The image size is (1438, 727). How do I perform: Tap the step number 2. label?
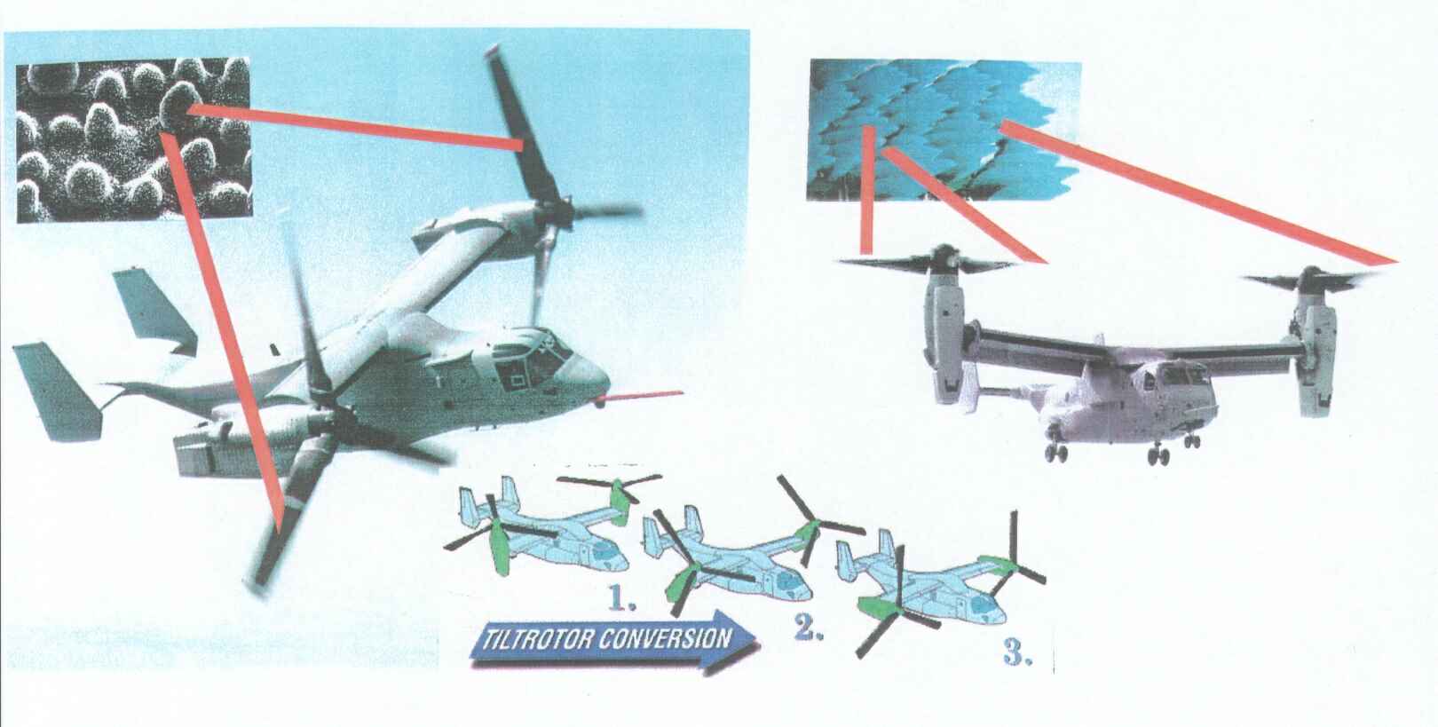point(809,628)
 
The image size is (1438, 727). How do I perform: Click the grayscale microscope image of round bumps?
point(133,139)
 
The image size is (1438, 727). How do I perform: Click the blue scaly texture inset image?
point(944,130)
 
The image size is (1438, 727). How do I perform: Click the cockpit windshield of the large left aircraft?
point(540,360)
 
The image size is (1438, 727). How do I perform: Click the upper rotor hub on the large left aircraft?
point(556,215)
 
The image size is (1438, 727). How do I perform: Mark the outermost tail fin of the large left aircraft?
point(58,391)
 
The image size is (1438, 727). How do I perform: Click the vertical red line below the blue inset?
point(867,189)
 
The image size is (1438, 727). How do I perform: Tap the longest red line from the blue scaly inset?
point(1198,192)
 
